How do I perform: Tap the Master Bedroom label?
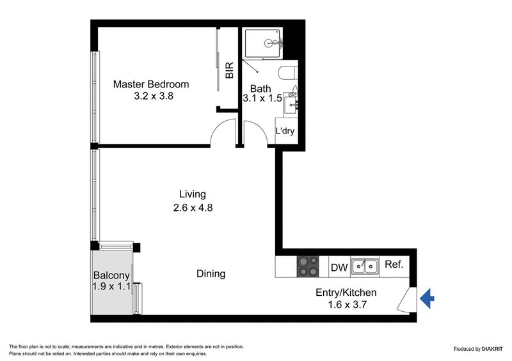151,84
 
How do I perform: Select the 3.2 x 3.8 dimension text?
154,97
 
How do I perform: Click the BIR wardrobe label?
230,70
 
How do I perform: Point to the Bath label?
260,89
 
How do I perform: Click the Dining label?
211,274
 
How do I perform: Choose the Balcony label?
112,275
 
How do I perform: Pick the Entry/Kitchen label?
346,293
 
